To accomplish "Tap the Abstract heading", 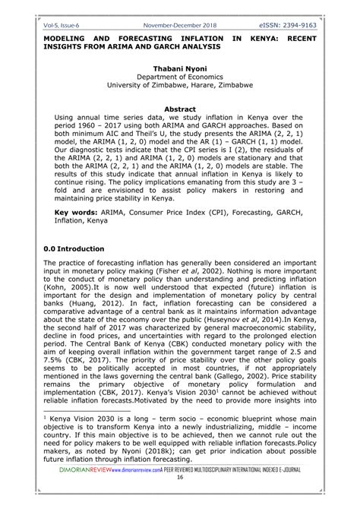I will point(179,109).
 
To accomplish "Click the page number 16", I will point(180,501).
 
